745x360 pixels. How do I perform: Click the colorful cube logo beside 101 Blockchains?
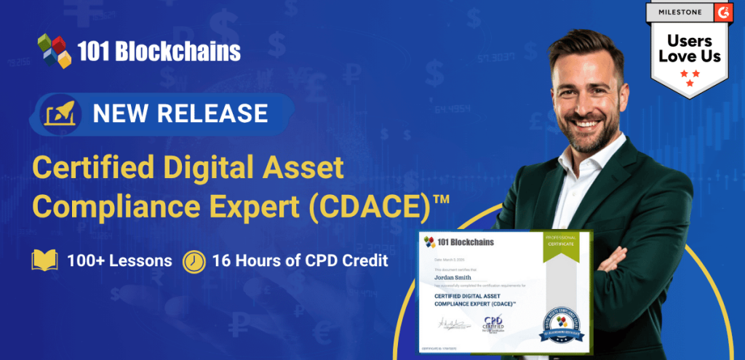pos(55,50)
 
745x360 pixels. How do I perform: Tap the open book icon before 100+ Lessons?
pos(44,260)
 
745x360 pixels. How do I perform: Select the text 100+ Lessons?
pos(119,260)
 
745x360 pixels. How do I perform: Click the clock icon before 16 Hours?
pos(194,260)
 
